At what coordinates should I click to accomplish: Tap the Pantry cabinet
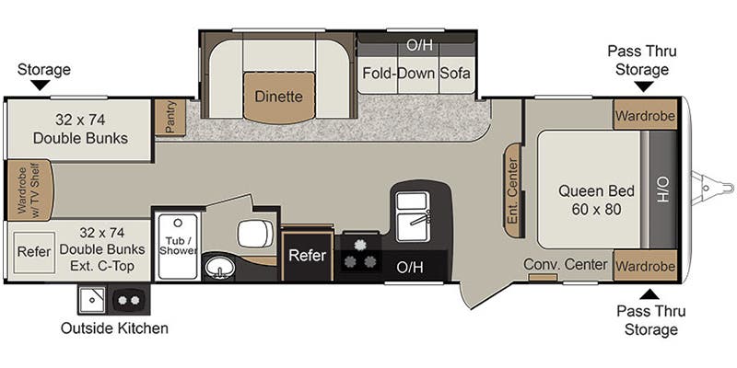click(x=170, y=118)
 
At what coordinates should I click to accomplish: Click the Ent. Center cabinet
click(x=512, y=190)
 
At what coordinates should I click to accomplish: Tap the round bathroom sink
click(x=219, y=267)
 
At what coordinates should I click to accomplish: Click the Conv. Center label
click(x=566, y=265)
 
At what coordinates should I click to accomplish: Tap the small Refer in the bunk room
click(x=34, y=248)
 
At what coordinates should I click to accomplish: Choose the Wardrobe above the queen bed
click(x=645, y=117)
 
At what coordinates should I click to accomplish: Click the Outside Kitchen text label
click(x=115, y=328)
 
